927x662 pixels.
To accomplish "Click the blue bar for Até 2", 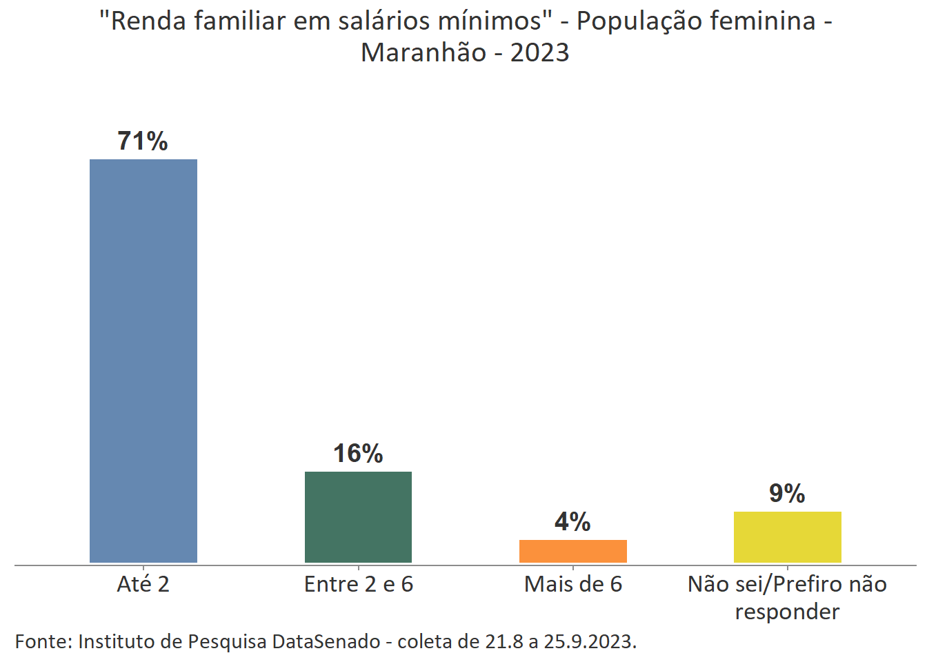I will (143, 361).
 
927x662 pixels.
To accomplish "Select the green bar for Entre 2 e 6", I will (358, 516).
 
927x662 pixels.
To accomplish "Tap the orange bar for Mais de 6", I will (572, 551).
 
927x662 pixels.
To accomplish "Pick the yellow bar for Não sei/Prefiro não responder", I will (787, 536).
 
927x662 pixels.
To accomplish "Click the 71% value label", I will (143, 141).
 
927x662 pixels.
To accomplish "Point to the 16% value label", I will (358, 454).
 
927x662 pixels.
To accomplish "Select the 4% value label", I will (572, 522).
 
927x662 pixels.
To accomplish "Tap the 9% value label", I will (787, 494).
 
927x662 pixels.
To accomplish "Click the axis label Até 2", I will (143, 585).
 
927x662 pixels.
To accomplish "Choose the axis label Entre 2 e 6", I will (358, 585).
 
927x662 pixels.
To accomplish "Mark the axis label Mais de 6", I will (572, 585).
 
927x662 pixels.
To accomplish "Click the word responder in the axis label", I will (787, 612).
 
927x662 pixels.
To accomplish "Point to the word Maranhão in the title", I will (423, 53).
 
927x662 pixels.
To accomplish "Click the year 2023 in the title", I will (539, 53).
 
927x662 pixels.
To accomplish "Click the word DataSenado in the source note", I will (326, 642).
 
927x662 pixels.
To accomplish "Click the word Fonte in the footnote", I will (43, 642).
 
